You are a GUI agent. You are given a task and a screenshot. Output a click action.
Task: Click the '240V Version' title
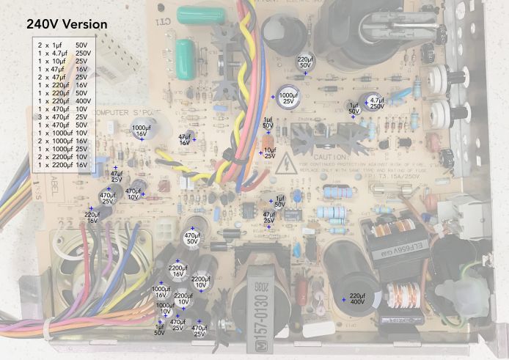(67, 24)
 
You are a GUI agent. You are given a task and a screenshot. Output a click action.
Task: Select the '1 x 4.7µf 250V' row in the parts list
(64, 54)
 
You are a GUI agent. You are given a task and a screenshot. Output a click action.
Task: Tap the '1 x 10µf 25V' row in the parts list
(64, 61)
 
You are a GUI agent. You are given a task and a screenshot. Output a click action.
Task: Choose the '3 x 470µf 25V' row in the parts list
(64, 117)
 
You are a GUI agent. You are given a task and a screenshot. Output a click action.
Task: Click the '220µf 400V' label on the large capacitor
(357, 299)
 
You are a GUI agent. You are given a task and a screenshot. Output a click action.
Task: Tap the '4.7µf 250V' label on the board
(377, 103)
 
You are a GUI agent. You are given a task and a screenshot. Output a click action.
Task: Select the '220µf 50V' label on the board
(305, 62)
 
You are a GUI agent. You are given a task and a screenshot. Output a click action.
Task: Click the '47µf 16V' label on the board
(185, 140)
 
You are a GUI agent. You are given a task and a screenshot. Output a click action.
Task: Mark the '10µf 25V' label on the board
(269, 153)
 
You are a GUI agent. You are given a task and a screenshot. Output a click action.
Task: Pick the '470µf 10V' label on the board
(133, 194)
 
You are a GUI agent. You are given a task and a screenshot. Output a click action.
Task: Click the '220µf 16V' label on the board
(92, 217)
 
